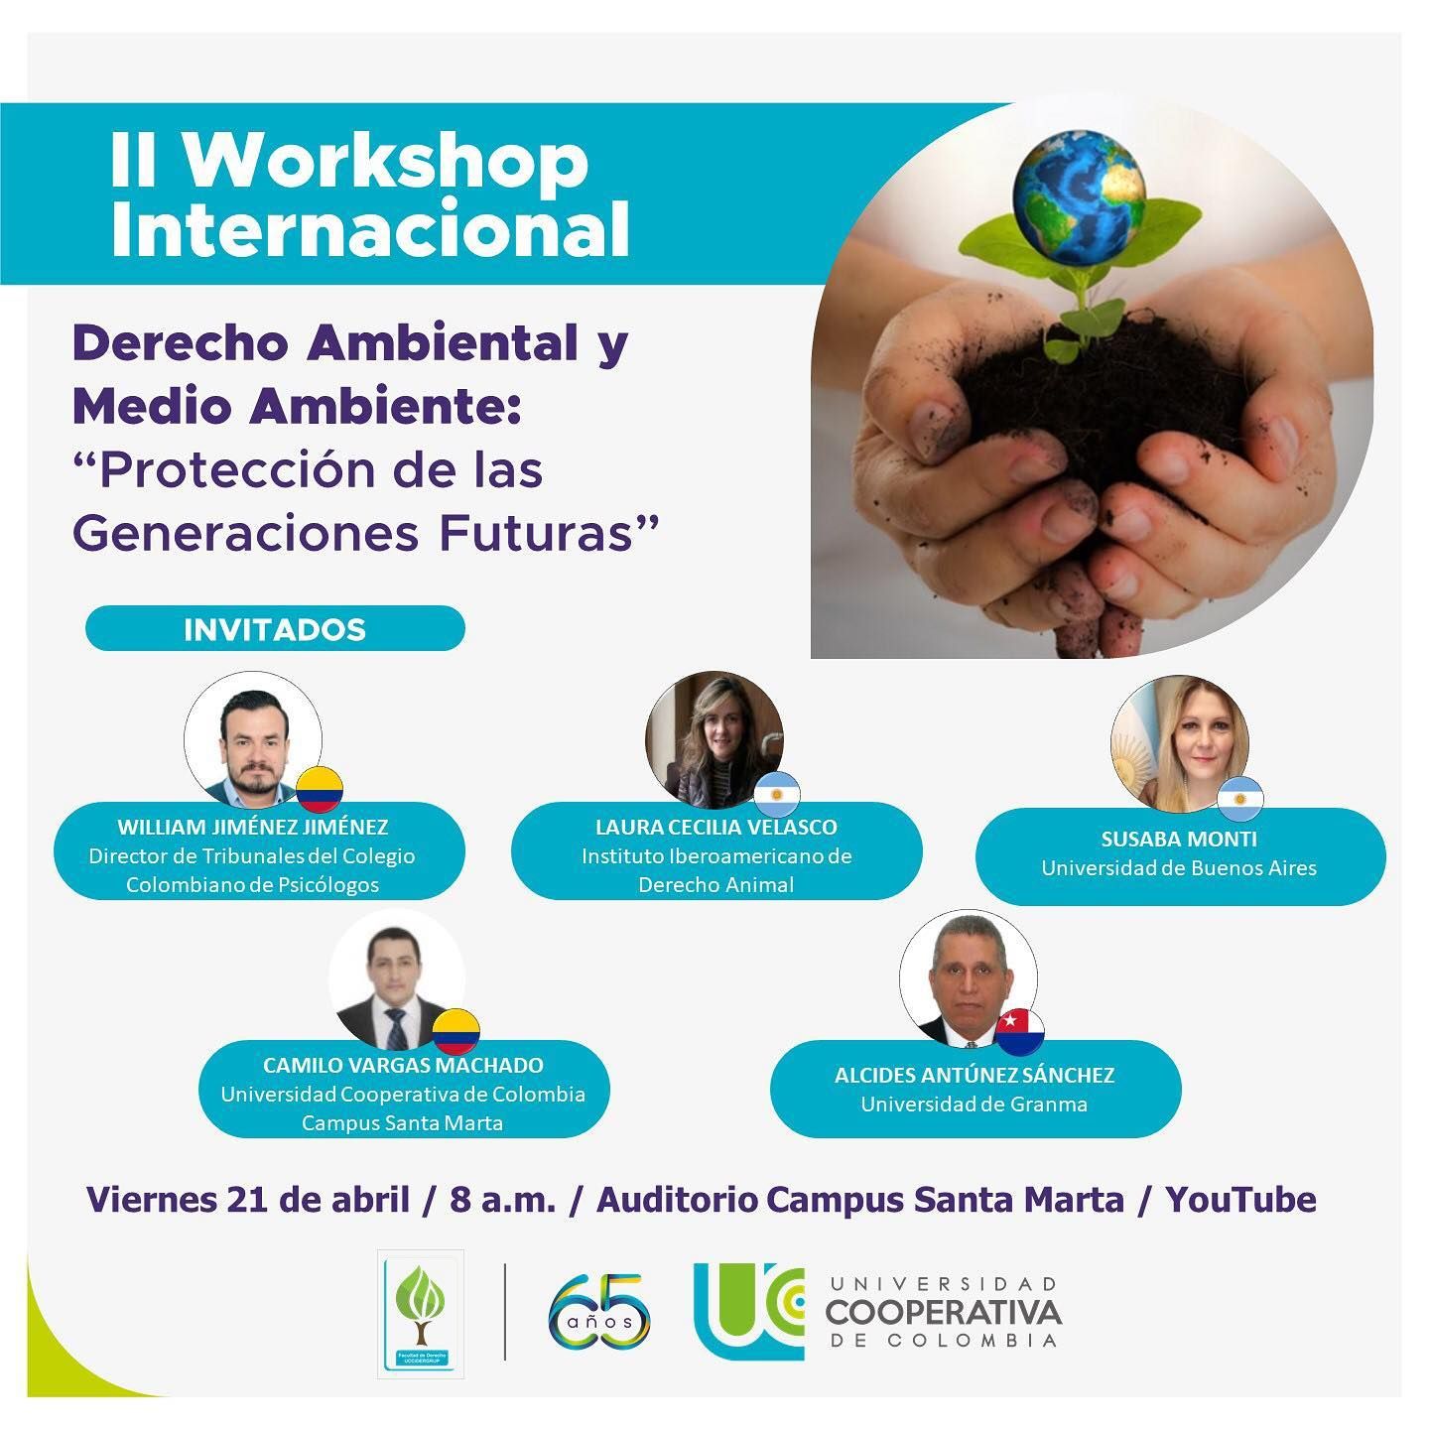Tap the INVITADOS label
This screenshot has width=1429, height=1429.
click(x=275, y=629)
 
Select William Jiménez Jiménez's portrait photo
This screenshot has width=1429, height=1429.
click(x=252, y=740)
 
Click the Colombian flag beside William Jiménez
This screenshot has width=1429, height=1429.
click(x=320, y=790)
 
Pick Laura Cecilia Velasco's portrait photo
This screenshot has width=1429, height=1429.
click(x=714, y=740)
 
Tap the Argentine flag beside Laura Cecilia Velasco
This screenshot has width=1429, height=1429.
click(x=777, y=794)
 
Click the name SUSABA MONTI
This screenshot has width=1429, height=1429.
click(x=1179, y=839)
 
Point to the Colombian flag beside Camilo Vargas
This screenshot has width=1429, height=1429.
click(x=456, y=1031)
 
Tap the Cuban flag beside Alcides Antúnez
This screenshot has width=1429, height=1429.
click(x=1020, y=1032)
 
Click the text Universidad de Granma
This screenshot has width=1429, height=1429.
click(x=974, y=1104)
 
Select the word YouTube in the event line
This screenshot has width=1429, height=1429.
click(x=1240, y=1199)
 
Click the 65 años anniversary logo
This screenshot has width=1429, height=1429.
click(x=599, y=1311)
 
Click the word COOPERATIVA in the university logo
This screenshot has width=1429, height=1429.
click(x=943, y=1312)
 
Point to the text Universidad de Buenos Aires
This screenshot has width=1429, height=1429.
click(x=1179, y=868)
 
